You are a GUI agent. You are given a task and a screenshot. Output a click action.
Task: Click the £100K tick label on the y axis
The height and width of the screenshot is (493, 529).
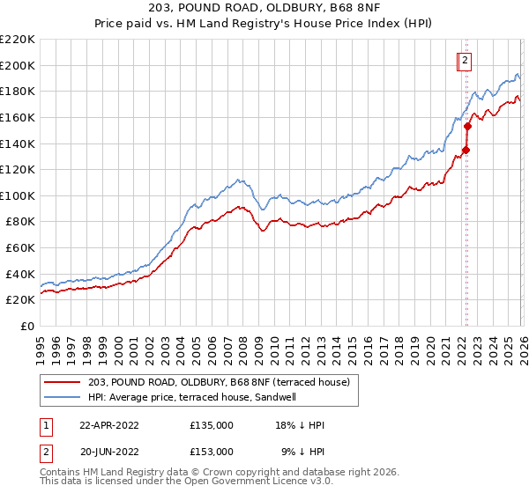(18, 195)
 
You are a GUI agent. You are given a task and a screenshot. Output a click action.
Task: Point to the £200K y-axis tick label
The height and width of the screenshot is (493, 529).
(18, 65)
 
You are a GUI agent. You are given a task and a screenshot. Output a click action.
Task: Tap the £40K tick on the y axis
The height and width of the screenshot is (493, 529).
(20, 274)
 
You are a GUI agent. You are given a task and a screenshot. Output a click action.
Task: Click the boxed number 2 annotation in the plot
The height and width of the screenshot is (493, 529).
(464, 61)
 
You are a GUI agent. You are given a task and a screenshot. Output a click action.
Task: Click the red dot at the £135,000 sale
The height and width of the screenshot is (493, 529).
(466, 150)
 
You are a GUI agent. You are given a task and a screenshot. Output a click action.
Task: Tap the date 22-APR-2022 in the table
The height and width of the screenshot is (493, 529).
(110, 425)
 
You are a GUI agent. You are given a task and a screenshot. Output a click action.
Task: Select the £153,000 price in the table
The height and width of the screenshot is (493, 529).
(211, 451)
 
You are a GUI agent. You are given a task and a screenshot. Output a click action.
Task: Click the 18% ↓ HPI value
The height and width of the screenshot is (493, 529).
(300, 425)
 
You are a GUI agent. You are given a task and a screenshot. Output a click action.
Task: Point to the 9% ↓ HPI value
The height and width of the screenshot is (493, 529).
(300, 451)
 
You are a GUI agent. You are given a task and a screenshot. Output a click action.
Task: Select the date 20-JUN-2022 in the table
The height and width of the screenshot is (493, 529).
(110, 451)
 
